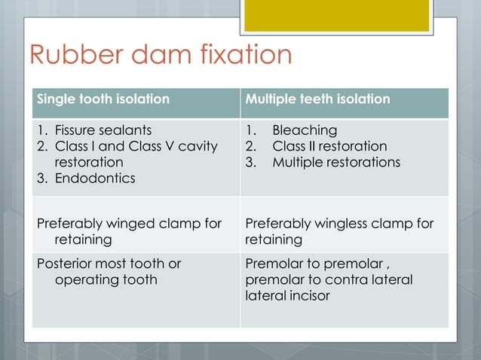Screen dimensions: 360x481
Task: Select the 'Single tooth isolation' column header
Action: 103,99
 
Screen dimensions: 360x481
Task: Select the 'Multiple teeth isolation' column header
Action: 317,99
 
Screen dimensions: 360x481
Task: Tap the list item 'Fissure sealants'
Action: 103,130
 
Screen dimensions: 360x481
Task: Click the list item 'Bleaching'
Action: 305,130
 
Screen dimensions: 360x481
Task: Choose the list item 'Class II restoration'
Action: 329,146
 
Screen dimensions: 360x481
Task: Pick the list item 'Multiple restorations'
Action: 336,162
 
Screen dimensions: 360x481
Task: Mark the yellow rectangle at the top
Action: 336,15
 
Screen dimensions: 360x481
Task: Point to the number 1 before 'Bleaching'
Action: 250,130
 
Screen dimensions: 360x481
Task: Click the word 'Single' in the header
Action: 57,99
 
